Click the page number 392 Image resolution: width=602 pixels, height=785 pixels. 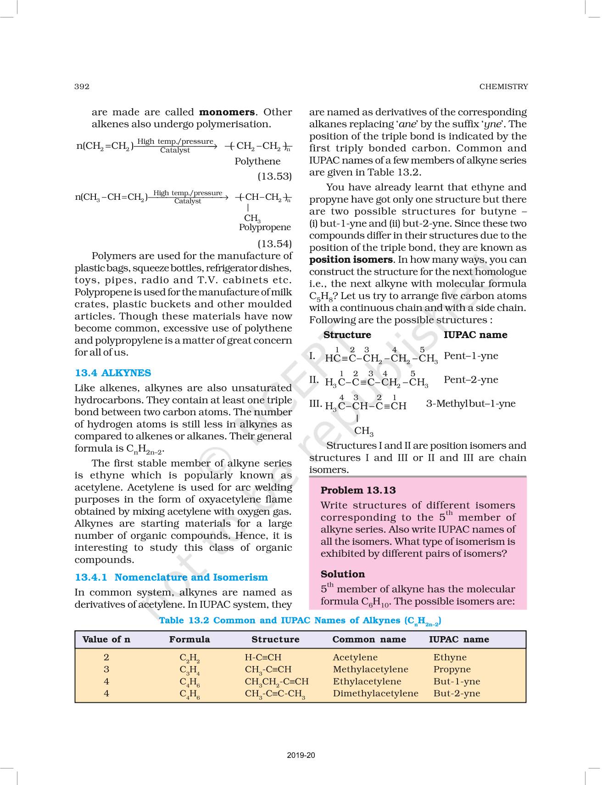click(x=82, y=86)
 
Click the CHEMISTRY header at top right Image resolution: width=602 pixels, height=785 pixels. click(x=503, y=86)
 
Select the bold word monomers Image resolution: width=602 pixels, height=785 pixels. click(x=227, y=112)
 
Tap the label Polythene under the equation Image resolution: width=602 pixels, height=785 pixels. click(x=257, y=161)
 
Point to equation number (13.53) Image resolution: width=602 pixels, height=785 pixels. click(x=274, y=176)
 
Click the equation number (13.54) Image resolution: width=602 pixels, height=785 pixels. click(x=274, y=243)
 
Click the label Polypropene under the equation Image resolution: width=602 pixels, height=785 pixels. click(x=265, y=227)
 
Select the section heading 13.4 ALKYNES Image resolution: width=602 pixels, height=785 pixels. click(x=113, y=373)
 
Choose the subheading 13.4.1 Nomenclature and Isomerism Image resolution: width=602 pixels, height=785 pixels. click(x=171, y=577)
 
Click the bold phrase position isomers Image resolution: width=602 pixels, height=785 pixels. click(x=351, y=260)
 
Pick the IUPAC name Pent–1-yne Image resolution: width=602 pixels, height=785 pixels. click(x=471, y=356)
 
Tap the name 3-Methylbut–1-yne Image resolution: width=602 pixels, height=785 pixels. click(x=471, y=404)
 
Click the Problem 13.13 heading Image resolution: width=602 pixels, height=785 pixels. click(x=358, y=490)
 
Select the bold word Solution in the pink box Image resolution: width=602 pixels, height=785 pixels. click(x=343, y=574)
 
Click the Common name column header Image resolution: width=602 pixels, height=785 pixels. click(x=369, y=639)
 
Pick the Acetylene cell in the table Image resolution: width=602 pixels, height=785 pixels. click(x=355, y=657)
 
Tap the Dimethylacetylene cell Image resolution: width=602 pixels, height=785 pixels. click(x=375, y=694)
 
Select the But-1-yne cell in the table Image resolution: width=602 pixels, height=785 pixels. click(x=457, y=682)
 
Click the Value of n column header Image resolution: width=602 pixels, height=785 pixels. click(x=106, y=639)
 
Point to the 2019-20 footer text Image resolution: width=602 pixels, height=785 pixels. click(x=301, y=755)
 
